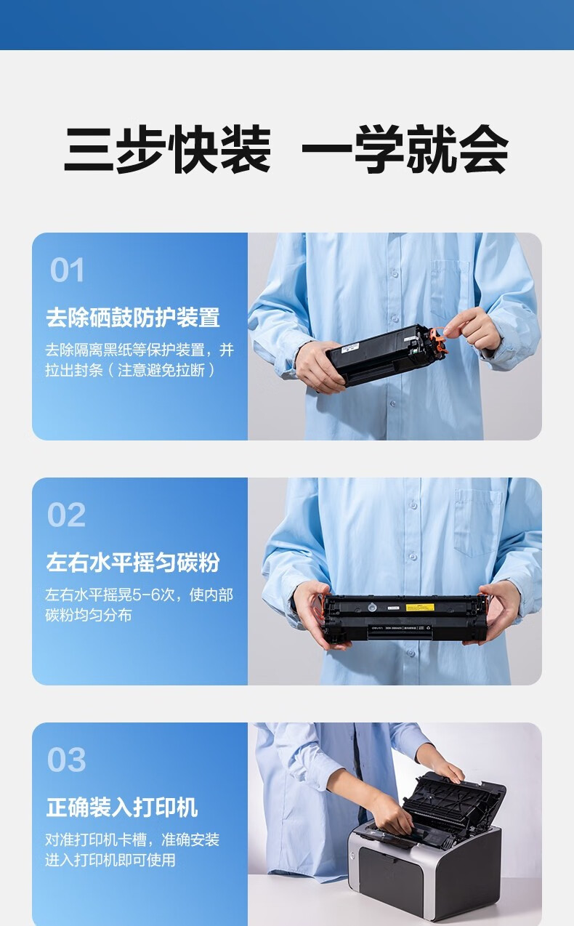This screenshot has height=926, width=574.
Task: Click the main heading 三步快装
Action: (167, 149)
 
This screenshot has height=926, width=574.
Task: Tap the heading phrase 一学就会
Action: (405, 149)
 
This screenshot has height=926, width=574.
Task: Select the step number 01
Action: (67, 270)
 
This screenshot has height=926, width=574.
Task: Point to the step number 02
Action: (67, 515)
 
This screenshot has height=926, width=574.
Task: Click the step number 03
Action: (67, 760)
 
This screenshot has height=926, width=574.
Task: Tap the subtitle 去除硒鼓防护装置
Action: (133, 318)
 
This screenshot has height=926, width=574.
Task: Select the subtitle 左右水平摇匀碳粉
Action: (133, 563)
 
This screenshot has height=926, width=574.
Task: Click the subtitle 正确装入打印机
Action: (122, 807)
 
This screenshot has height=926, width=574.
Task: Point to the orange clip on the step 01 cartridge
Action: (437, 341)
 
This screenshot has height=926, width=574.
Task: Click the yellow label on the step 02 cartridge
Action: (420, 607)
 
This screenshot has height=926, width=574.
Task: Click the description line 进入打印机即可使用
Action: (110, 861)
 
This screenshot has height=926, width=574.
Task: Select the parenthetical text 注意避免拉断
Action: (161, 370)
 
